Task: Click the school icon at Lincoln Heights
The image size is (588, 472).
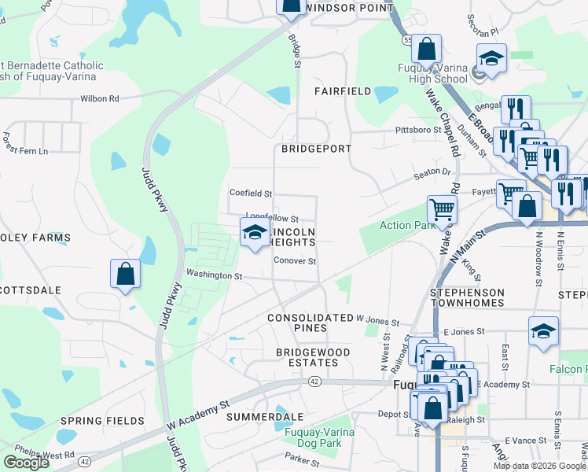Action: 254,232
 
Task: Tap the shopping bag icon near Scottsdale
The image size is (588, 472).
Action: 125,274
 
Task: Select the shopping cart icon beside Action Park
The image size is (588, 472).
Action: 442,210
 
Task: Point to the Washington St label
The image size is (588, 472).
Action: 214,276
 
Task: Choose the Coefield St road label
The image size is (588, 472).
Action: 250,193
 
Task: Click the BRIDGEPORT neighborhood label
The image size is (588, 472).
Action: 316,148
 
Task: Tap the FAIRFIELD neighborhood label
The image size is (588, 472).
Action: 343,91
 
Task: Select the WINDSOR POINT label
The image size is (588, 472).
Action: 348,7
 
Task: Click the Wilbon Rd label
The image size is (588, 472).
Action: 99,99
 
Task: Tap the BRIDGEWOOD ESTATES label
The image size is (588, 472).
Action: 307,356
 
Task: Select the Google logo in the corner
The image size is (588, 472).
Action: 26,463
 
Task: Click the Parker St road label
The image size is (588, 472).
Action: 300,456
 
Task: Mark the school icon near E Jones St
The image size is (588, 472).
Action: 543,331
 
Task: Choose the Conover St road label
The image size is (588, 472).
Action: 295,261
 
